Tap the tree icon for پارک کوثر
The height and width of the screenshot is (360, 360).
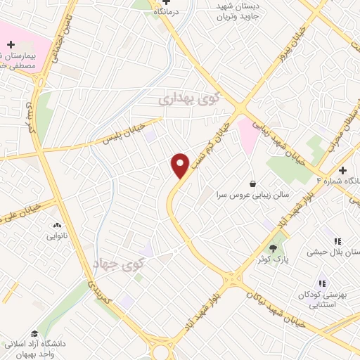tap(273, 247)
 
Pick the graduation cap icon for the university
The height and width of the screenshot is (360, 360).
tap(34, 333)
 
